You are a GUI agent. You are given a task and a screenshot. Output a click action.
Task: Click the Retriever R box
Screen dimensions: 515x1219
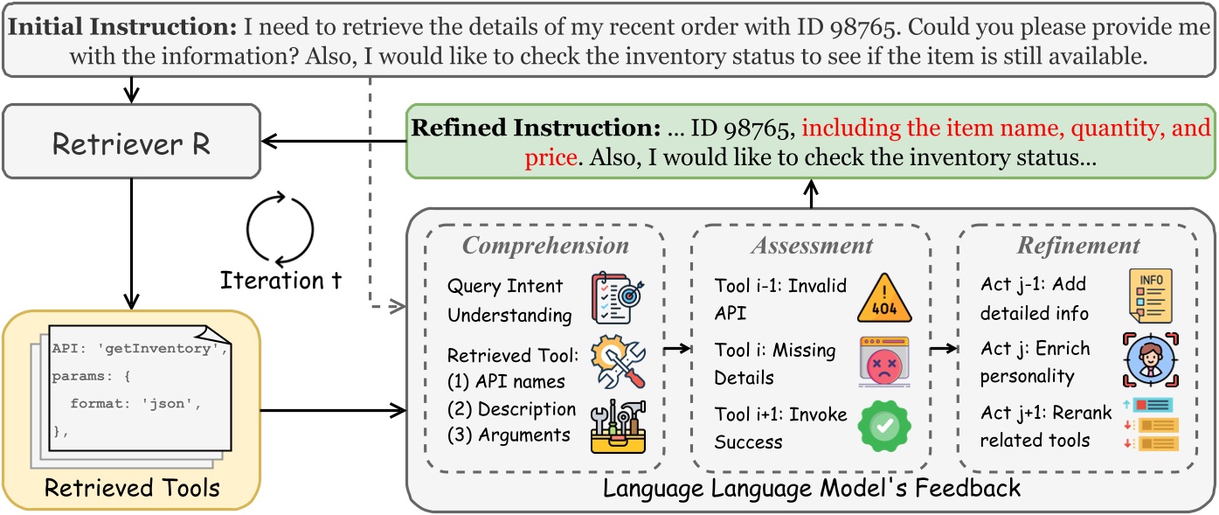[x=131, y=143]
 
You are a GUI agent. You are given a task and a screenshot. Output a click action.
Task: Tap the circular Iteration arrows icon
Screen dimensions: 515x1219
[x=279, y=230]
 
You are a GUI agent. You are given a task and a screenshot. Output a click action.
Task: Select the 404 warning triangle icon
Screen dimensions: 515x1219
[x=883, y=299]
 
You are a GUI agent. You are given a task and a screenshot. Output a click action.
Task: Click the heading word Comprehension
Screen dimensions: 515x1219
[x=545, y=246]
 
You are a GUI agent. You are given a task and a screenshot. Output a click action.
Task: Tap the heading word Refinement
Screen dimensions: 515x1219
[x=1079, y=246]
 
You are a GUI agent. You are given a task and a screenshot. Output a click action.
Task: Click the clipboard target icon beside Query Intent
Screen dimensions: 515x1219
[x=618, y=298]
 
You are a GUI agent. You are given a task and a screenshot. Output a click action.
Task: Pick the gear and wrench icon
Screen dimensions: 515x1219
[x=618, y=363]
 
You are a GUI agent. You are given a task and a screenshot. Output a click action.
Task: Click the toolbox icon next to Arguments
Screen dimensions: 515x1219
[x=618, y=427]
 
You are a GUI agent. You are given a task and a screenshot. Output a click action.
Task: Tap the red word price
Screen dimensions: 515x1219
[x=551, y=158]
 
